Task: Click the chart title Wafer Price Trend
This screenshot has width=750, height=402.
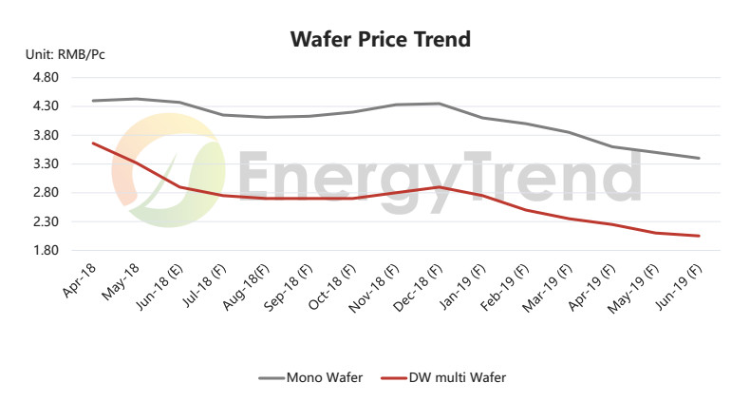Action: pos(380,40)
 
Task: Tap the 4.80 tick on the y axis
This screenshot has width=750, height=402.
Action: pos(47,77)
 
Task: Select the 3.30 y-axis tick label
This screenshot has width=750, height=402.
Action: pos(47,164)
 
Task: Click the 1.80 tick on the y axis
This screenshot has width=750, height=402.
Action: pos(47,251)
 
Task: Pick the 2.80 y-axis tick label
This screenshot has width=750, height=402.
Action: pos(47,193)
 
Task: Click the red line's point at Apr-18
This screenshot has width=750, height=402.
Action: pos(93,143)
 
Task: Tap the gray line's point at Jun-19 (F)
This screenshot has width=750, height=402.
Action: pos(700,158)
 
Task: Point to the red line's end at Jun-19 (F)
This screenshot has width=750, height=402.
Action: pos(700,236)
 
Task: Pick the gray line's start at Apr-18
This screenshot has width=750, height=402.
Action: pos(93,101)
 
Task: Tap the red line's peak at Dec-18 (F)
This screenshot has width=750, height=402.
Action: pos(438,187)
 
